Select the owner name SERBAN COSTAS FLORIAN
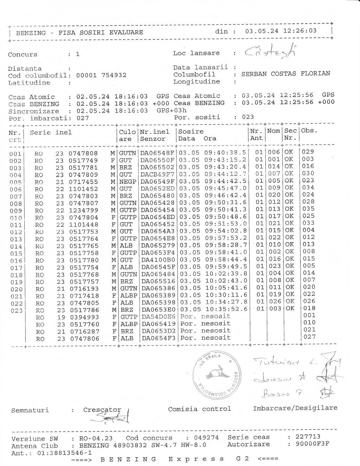[285, 74]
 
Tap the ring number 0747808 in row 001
[83, 153]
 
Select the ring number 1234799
[83, 210]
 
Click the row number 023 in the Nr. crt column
[16, 311]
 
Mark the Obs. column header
[309, 130]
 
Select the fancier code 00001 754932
[101, 75]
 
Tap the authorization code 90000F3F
[312, 444]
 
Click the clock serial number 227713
[308, 437]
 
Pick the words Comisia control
[199, 409]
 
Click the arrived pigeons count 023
[248, 117]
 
